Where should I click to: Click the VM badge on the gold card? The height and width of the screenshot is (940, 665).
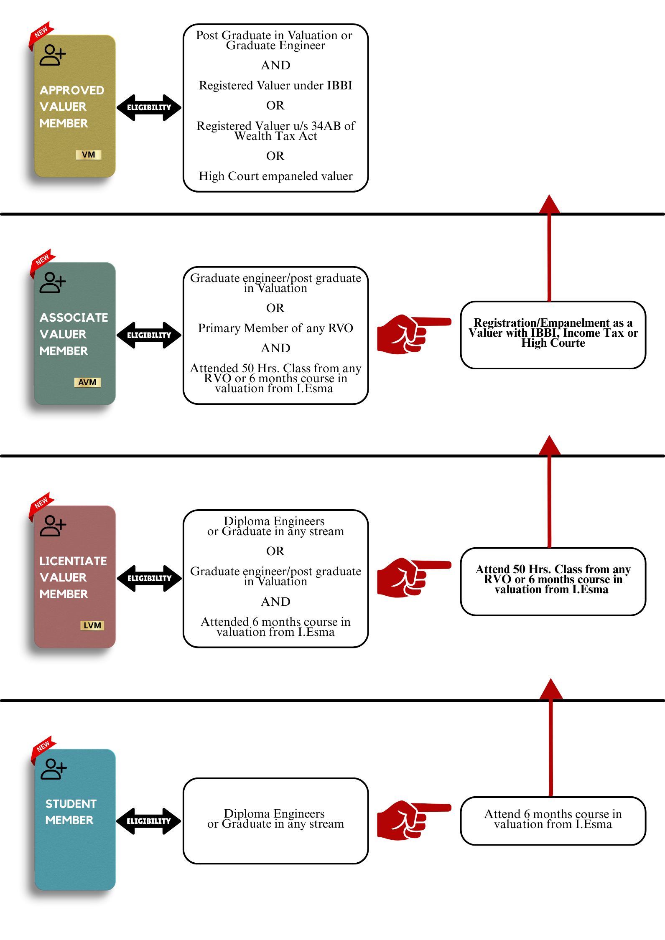click(x=89, y=155)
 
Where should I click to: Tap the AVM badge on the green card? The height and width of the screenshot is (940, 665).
click(x=87, y=382)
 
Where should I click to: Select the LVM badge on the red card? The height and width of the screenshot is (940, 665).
click(x=92, y=625)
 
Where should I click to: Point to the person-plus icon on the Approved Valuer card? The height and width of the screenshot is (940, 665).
click(x=53, y=55)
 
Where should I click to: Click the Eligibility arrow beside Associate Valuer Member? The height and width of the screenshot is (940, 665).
click(x=149, y=335)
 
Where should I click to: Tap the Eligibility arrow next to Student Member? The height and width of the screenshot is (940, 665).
click(x=149, y=821)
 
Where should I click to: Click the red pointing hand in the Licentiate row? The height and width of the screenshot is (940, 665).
click(x=412, y=577)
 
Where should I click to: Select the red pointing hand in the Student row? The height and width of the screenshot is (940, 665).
click(x=412, y=820)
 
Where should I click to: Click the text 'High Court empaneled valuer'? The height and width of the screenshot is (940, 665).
click(x=275, y=176)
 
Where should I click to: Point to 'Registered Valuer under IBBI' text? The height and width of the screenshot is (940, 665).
click(x=275, y=85)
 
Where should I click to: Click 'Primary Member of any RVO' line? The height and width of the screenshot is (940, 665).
click(x=275, y=328)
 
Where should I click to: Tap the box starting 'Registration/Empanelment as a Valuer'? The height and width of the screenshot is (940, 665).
click(x=553, y=334)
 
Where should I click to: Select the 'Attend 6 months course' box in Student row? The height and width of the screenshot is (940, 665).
click(x=553, y=820)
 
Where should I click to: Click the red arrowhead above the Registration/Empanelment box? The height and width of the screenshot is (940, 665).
click(x=549, y=205)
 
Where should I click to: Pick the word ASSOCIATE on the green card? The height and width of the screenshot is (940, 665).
click(x=74, y=318)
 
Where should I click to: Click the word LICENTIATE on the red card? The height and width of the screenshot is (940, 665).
click(x=73, y=561)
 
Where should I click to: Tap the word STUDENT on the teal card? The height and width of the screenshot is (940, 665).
click(x=71, y=804)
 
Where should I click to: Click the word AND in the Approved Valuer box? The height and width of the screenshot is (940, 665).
click(x=275, y=65)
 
